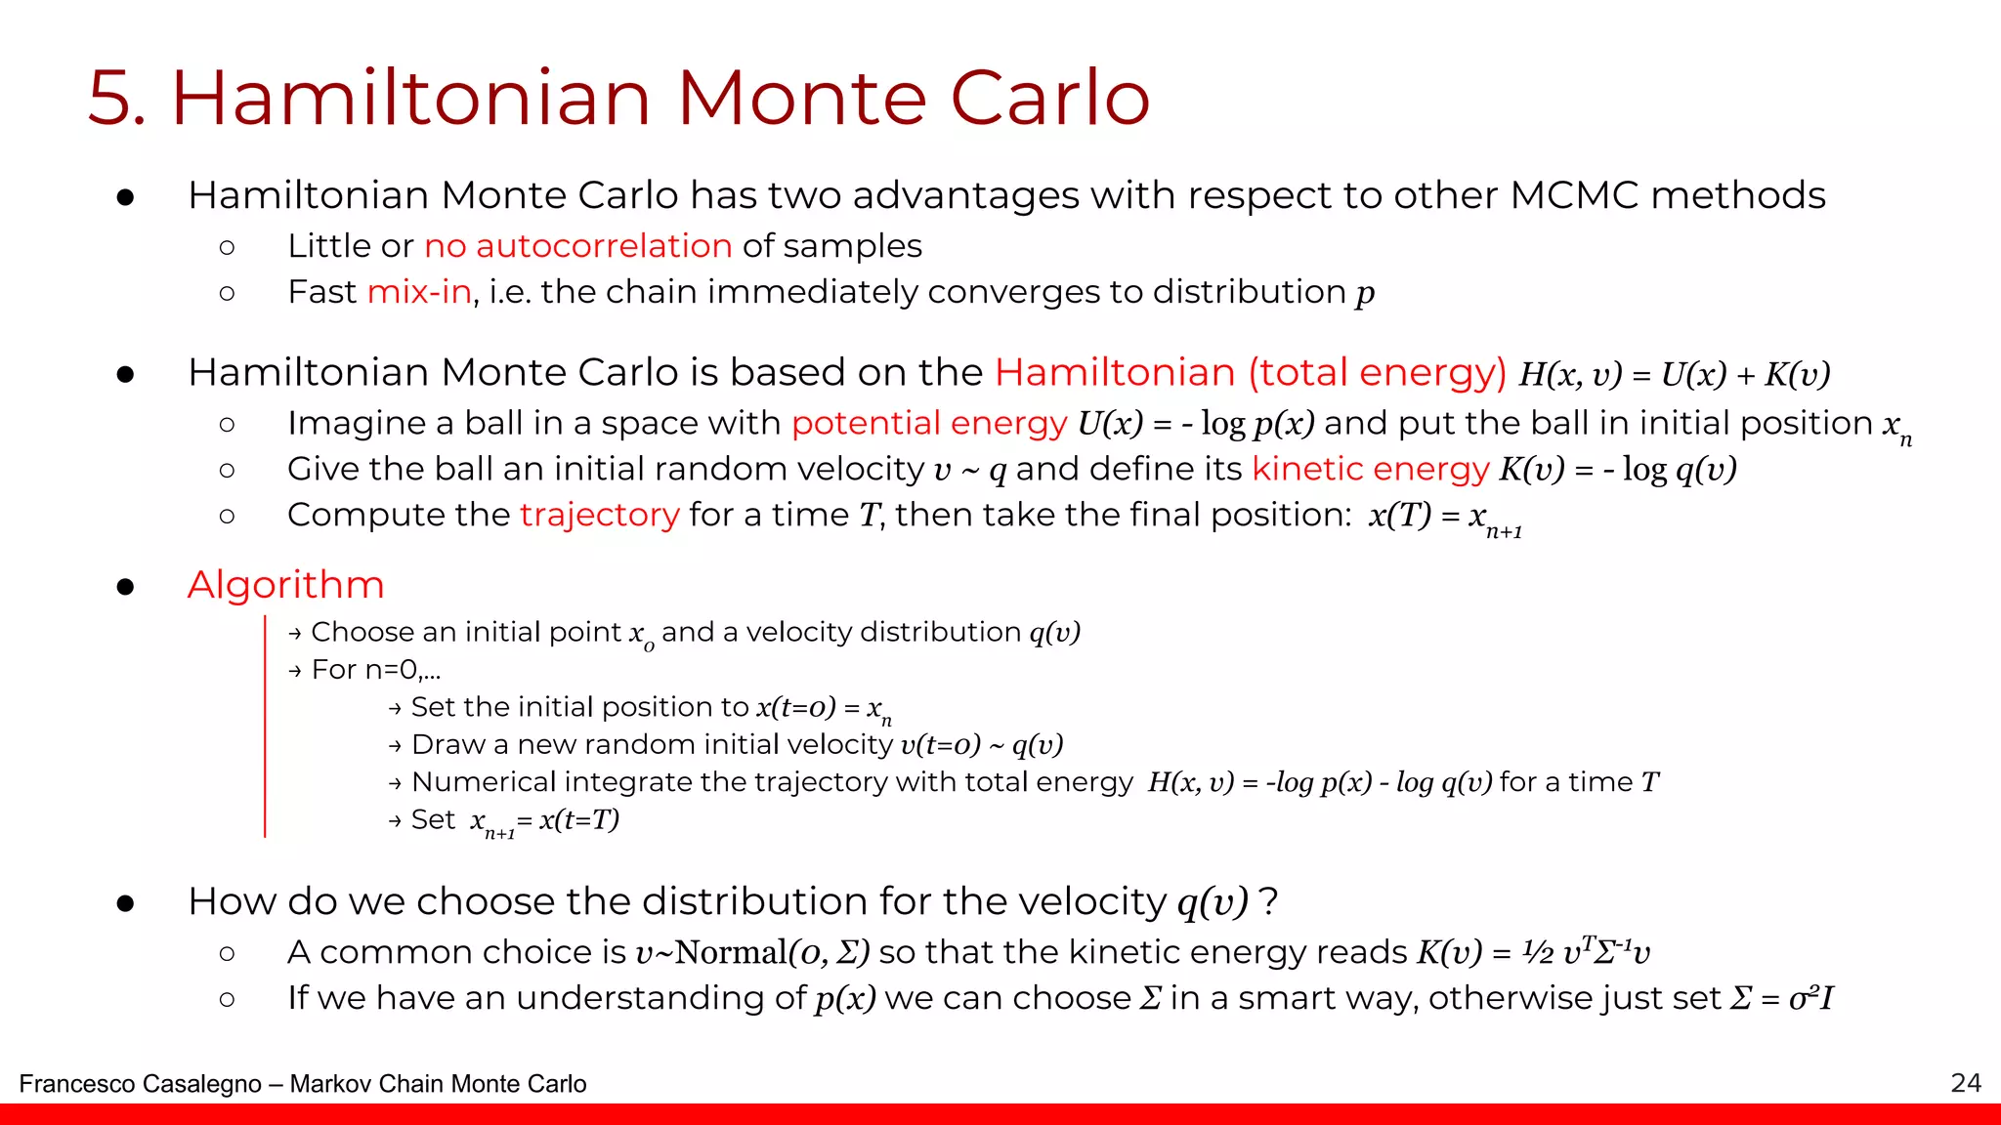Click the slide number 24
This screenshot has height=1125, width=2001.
pyautogui.click(x=1966, y=1083)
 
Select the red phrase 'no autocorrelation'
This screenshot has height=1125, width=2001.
pyautogui.click(x=577, y=246)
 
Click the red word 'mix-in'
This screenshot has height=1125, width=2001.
pyautogui.click(x=419, y=292)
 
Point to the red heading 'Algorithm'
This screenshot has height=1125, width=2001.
pyautogui.click(x=285, y=585)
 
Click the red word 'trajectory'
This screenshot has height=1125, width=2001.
pyautogui.click(x=599, y=515)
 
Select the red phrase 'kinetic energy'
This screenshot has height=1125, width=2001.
pyautogui.click(x=1370, y=469)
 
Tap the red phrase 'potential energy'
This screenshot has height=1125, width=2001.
pyautogui.click(x=928, y=423)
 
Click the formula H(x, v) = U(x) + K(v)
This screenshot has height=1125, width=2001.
pyautogui.click(x=1674, y=374)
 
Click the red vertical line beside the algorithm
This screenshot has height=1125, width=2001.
pyautogui.click(x=265, y=727)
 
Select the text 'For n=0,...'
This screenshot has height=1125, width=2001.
pyautogui.click(x=376, y=670)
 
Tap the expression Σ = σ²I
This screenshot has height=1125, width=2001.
pyautogui.click(x=1781, y=999)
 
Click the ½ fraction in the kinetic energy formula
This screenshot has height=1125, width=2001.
pyautogui.click(x=1538, y=952)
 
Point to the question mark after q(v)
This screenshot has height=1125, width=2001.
pyautogui.click(x=1268, y=901)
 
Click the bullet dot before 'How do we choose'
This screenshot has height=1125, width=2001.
pyautogui.click(x=125, y=903)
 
